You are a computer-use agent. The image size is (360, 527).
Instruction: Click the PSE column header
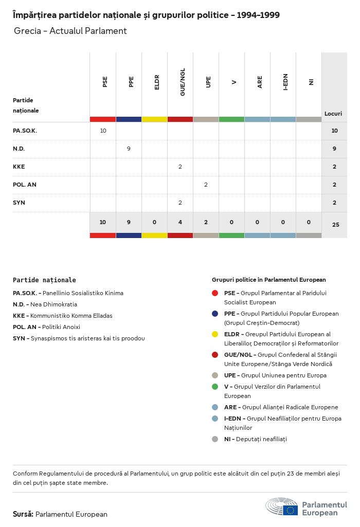[105, 82]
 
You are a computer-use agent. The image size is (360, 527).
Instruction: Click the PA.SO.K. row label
[25, 131]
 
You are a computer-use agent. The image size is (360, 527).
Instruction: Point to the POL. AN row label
[25, 185]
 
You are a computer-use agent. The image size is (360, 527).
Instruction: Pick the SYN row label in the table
[19, 203]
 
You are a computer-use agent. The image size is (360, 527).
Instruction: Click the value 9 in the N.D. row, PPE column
[129, 149]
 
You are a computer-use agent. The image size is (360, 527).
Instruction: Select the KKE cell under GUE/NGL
[180, 167]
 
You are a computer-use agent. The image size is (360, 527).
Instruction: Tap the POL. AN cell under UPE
[206, 185]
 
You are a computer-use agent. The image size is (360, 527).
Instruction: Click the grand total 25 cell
[335, 224]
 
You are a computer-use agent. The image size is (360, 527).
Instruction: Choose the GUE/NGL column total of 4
[180, 222]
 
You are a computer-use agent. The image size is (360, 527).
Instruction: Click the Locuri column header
[333, 114]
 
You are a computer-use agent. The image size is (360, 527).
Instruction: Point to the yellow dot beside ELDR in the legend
[215, 334]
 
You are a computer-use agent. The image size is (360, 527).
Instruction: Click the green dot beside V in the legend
[215, 387]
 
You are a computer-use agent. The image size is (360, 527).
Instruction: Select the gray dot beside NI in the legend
[215, 439]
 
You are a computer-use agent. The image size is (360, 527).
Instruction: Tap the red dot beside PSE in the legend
[215, 293]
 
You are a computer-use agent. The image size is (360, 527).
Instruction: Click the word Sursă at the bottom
[23, 514]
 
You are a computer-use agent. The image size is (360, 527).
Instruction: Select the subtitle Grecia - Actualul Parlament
[70, 31]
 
